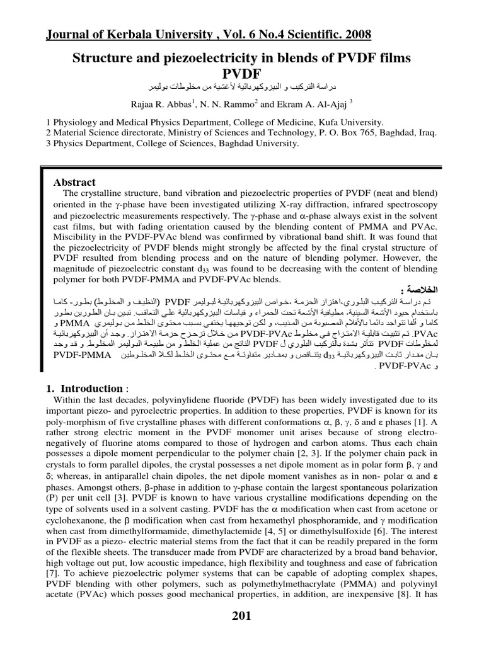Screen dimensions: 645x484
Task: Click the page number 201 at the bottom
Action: click(241, 616)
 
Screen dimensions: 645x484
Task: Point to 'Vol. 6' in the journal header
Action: click(237, 33)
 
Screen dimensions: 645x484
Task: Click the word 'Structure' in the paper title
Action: click(101, 59)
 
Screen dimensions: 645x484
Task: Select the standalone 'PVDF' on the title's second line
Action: click(242, 74)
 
